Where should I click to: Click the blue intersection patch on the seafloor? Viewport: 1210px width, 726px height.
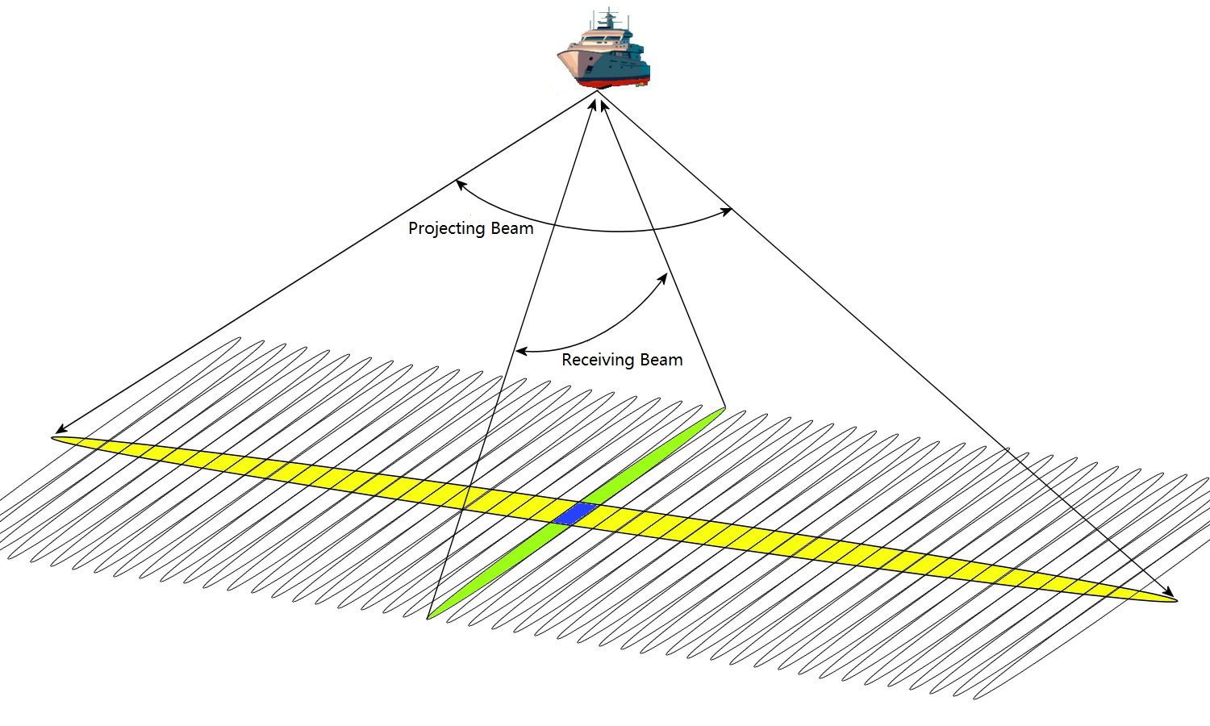point(574,513)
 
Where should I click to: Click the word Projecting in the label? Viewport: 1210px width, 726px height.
point(446,228)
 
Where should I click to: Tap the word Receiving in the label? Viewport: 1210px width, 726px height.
point(598,360)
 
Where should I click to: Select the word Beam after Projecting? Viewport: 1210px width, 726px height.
point(511,228)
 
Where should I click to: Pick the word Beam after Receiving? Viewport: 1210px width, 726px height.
point(661,360)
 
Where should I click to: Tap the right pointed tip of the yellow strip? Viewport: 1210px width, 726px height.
point(1175,600)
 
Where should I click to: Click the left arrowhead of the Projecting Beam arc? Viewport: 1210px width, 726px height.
point(459,183)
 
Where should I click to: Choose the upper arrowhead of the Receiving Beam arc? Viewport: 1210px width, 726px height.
point(665,277)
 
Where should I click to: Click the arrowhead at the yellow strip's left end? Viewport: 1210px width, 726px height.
point(58,432)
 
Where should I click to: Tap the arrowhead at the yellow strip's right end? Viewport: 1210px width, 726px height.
point(1171,594)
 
